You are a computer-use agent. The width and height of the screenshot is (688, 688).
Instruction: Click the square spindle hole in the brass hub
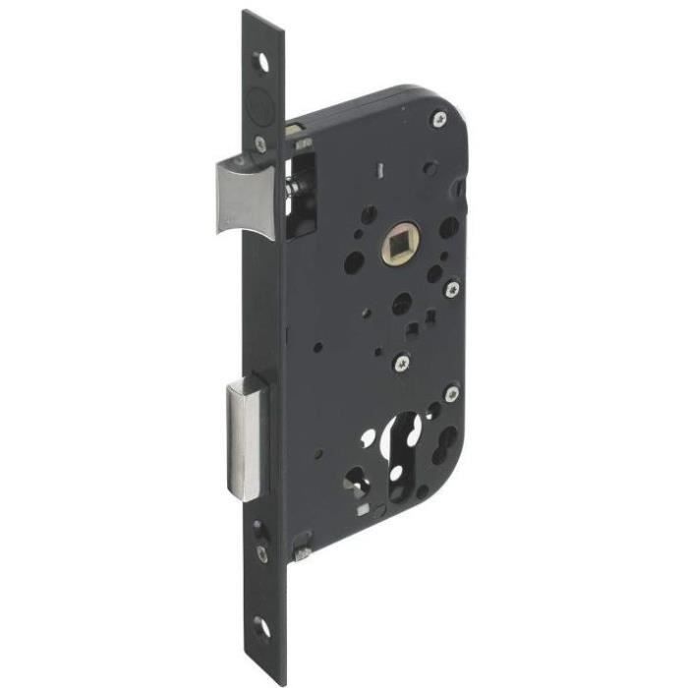[404, 240]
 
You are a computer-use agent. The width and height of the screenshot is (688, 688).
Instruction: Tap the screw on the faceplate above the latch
[259, 143]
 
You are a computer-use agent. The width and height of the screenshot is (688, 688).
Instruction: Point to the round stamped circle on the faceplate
[258, 99]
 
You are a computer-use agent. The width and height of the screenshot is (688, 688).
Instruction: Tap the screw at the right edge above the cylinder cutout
[451, 393]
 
